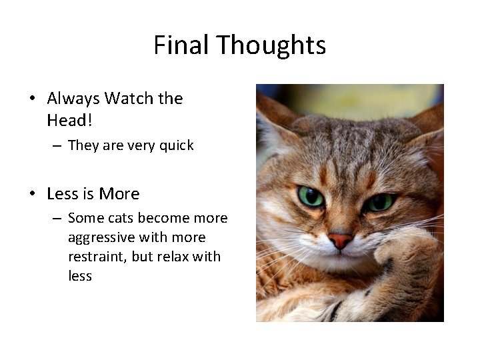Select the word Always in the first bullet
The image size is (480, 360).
tap(73, 99)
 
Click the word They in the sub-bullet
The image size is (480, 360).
tap(83, 145)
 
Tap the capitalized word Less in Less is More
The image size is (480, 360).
tap(63, 194)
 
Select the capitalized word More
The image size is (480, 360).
tap(119, 194)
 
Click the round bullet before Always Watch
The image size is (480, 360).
tap(32, 99)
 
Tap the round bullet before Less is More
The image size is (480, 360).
tap(32, 195)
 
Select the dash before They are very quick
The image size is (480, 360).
tap(57, 146)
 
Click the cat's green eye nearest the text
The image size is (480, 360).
tap(311, 196)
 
